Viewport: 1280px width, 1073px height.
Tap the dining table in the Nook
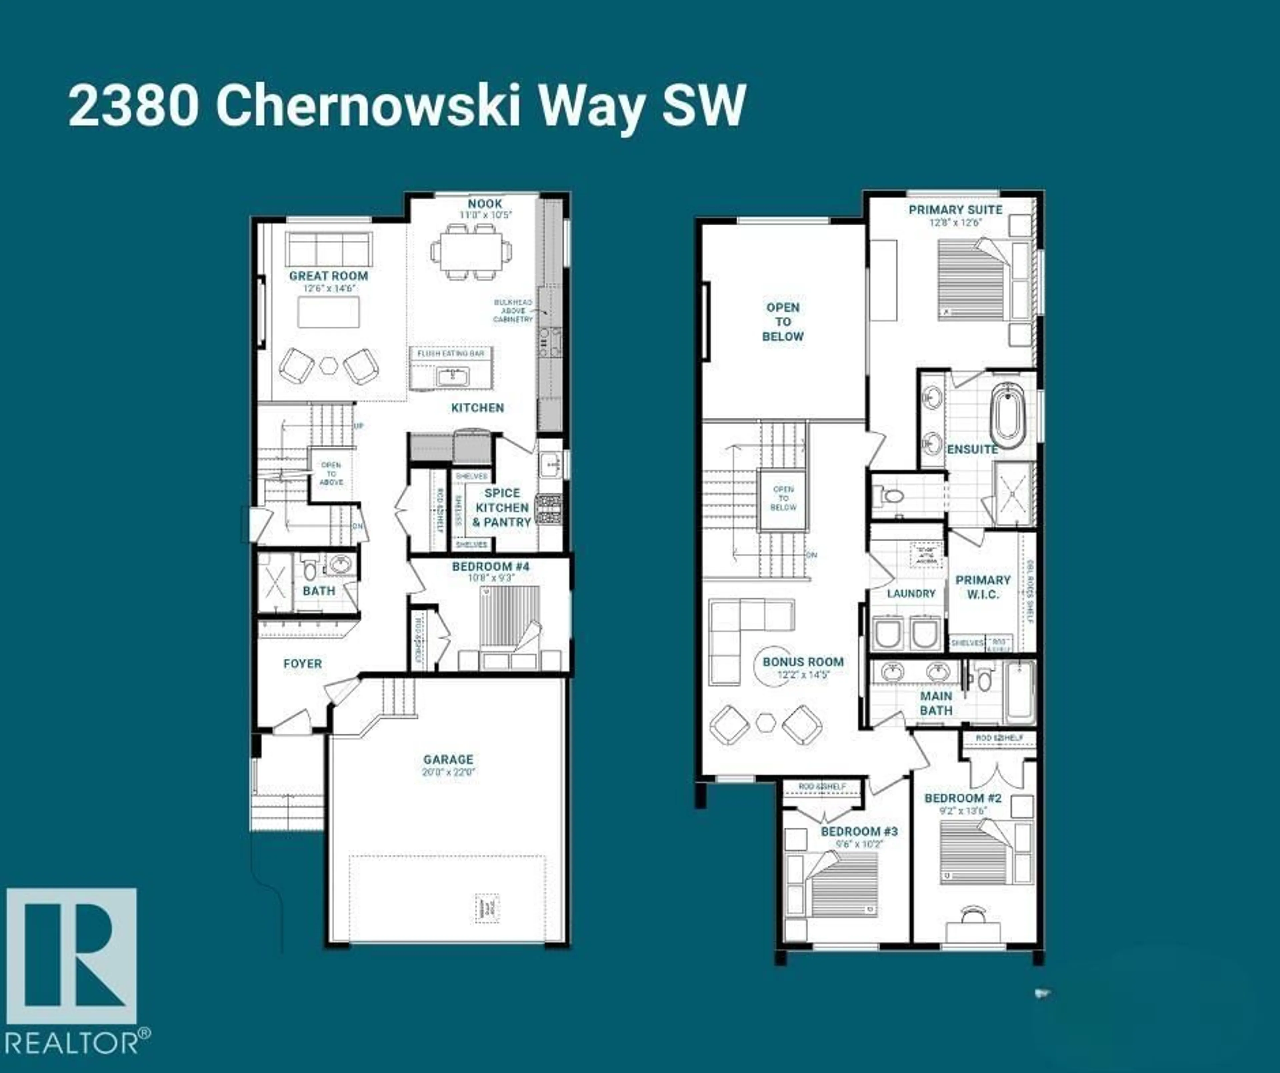tap(471, 251)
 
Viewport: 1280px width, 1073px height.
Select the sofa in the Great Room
tap(329, 248)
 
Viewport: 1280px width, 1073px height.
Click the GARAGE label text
tap(448, 760)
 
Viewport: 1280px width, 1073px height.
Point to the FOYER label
tap(302, 663)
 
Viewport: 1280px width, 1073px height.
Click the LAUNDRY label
tap(911, 593)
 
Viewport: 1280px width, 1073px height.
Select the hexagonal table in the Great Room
tap(329, 365)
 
